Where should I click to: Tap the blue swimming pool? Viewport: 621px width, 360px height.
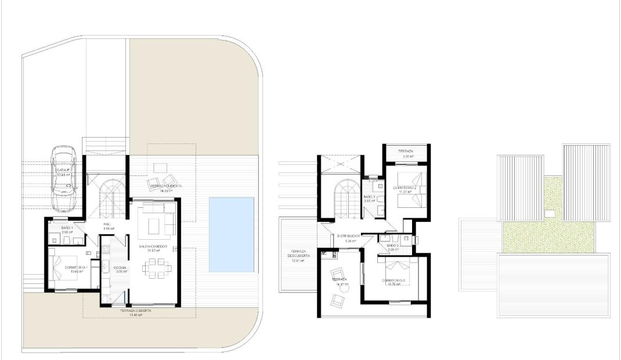[232, 234]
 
